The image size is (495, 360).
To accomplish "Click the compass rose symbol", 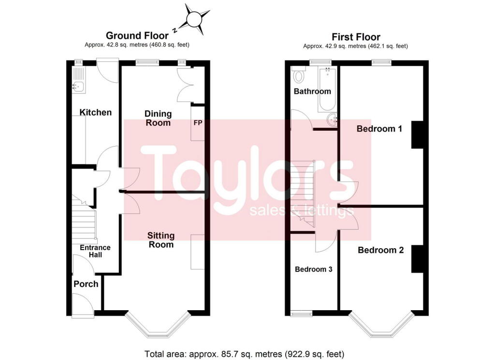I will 194,20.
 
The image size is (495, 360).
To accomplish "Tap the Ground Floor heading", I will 137,35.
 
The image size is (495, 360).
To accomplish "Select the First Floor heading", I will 356,37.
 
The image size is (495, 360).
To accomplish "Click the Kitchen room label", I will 96,112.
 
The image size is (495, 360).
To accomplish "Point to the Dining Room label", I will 158,118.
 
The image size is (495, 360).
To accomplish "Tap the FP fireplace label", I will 198,122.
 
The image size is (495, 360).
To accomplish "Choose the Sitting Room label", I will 161,240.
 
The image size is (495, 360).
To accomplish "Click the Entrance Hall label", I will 95,251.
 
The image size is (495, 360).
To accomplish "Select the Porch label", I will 86,284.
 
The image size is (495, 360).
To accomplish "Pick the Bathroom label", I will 313,91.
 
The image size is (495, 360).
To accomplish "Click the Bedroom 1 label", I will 379,129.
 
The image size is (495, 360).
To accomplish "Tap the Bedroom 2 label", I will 380,250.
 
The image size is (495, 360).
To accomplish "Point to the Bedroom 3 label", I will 314,269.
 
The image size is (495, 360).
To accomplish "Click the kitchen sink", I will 78,87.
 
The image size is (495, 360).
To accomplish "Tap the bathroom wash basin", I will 332,121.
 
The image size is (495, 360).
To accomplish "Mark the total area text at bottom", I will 245,353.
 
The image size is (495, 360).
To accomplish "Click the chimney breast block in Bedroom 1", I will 417,134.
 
